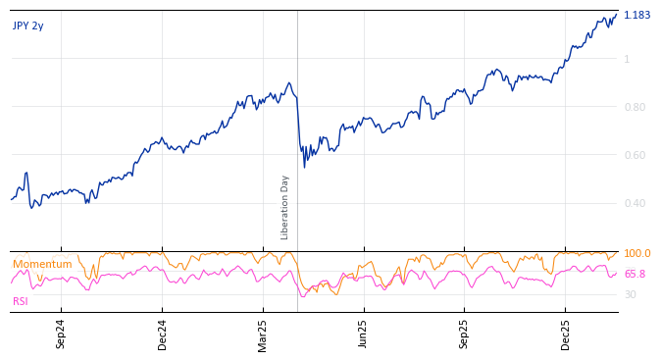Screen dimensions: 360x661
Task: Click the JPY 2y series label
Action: coord(28,26)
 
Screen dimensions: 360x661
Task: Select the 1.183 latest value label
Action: coord(636,15)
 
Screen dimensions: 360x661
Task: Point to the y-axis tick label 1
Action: coord(627,59)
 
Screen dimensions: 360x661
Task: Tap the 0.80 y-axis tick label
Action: coord(635,107)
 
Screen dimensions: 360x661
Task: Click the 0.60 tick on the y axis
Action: coord(635,155)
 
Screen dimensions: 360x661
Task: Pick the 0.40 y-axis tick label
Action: coord(635,203)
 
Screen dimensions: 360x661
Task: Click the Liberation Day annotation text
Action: coord(285,207)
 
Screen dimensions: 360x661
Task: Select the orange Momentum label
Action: coord(42,265)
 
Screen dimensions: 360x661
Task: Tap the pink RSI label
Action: coord(21,301)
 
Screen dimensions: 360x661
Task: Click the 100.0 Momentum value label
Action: coord(636,254)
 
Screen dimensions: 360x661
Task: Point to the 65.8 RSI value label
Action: coord(635,275)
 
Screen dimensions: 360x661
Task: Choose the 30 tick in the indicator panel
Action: coord(630,294)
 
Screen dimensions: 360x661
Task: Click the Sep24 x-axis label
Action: coord(61,334)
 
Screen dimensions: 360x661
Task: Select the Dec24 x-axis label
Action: coord(163,334)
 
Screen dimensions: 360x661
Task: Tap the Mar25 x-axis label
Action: coord(263,334)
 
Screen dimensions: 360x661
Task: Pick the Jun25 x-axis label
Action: coord(364,334)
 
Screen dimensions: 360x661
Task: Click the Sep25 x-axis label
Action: coord(465,334)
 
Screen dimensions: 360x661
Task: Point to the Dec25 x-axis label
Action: coord(566,334)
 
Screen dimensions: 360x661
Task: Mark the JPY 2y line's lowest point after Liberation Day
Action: coord(304,167)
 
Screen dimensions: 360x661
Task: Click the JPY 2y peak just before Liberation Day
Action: coord(289,83)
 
